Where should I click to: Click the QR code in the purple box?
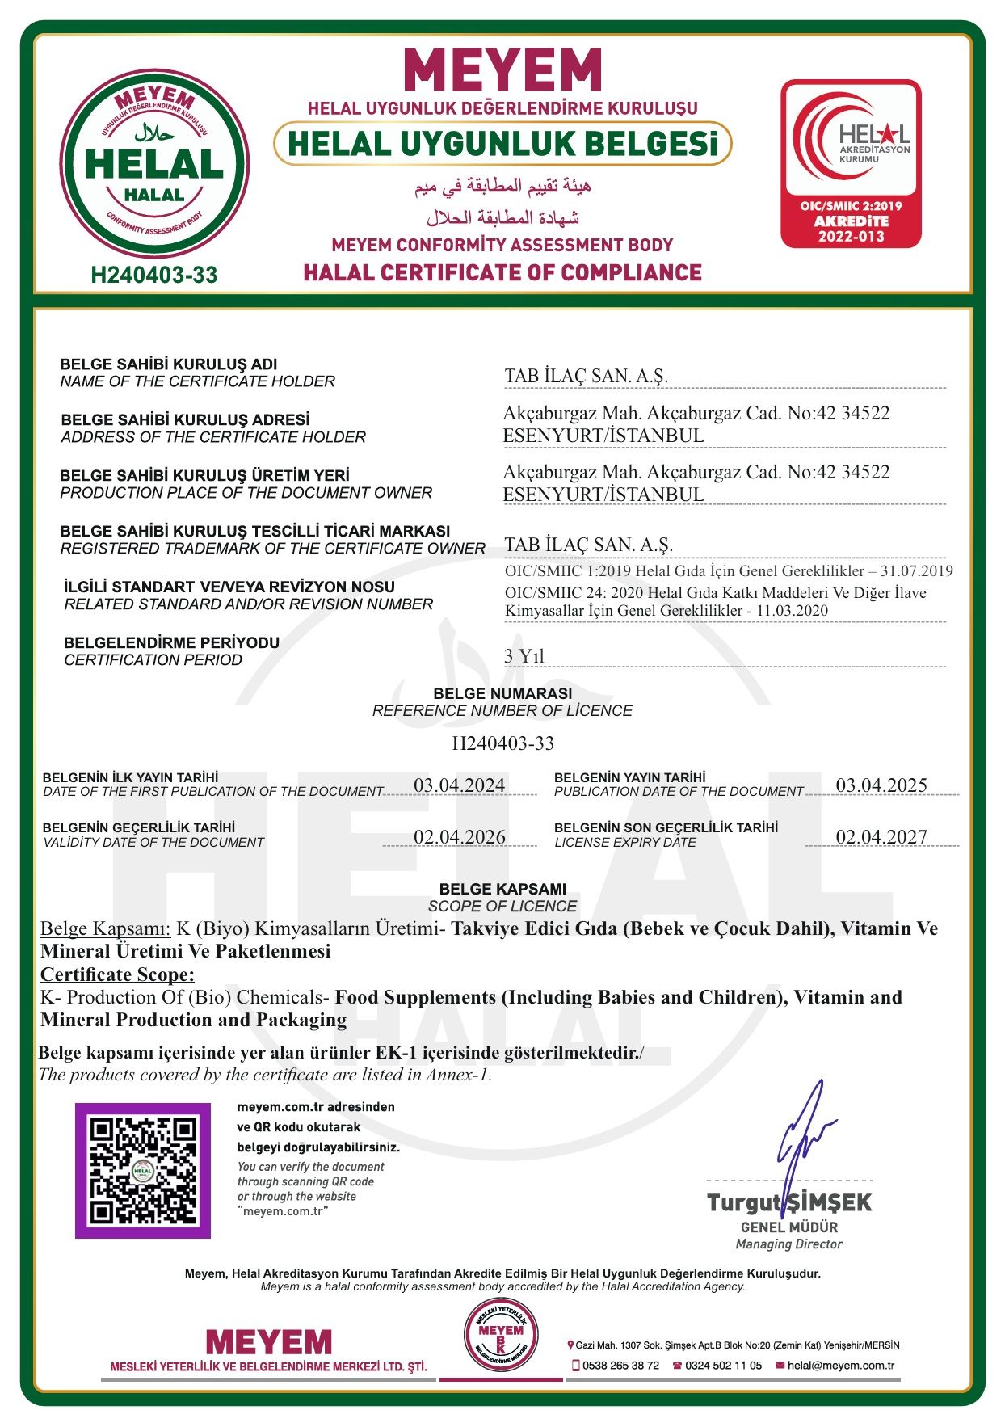(x=143, y=1170)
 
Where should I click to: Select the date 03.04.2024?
(x=459, y=785)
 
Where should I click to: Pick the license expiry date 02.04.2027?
(x=881, y=837)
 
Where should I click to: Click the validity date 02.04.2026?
(x=459, y=837)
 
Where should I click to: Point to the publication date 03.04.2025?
(x=881, y=785)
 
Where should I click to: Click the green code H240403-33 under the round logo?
(x=154, y=276)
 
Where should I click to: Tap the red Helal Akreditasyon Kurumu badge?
(x=851, y=163)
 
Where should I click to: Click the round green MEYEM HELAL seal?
(x=154, y=164)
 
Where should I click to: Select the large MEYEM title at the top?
(x=502, y=70)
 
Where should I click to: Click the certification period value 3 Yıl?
(x=524, y=656)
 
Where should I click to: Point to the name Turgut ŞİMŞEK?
(x=789, y=1202)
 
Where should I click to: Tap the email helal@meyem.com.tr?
(x=840, y=1366)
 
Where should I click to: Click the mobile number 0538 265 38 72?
(x=620, y=1366)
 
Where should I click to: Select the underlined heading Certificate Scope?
(x=118, y=974)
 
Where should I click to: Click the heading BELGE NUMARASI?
(x=502, y=693)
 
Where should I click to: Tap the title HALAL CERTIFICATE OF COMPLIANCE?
(x=502, y=273)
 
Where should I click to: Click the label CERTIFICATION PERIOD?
(x=153, y=660)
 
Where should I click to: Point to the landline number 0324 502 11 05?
(x=723, y=1366)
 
